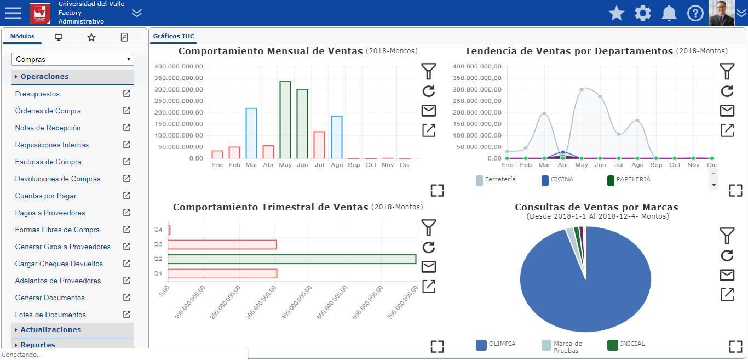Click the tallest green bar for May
285,120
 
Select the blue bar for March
251,134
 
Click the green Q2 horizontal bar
292,259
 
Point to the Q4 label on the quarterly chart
158,230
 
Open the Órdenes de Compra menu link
48,111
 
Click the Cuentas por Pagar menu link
46,196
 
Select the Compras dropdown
73,59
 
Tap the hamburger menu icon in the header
13,13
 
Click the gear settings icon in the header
643,13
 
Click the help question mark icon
695,13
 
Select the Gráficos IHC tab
174,37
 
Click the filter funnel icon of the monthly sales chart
429,71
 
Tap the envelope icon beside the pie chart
727,275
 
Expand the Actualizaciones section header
50,330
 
